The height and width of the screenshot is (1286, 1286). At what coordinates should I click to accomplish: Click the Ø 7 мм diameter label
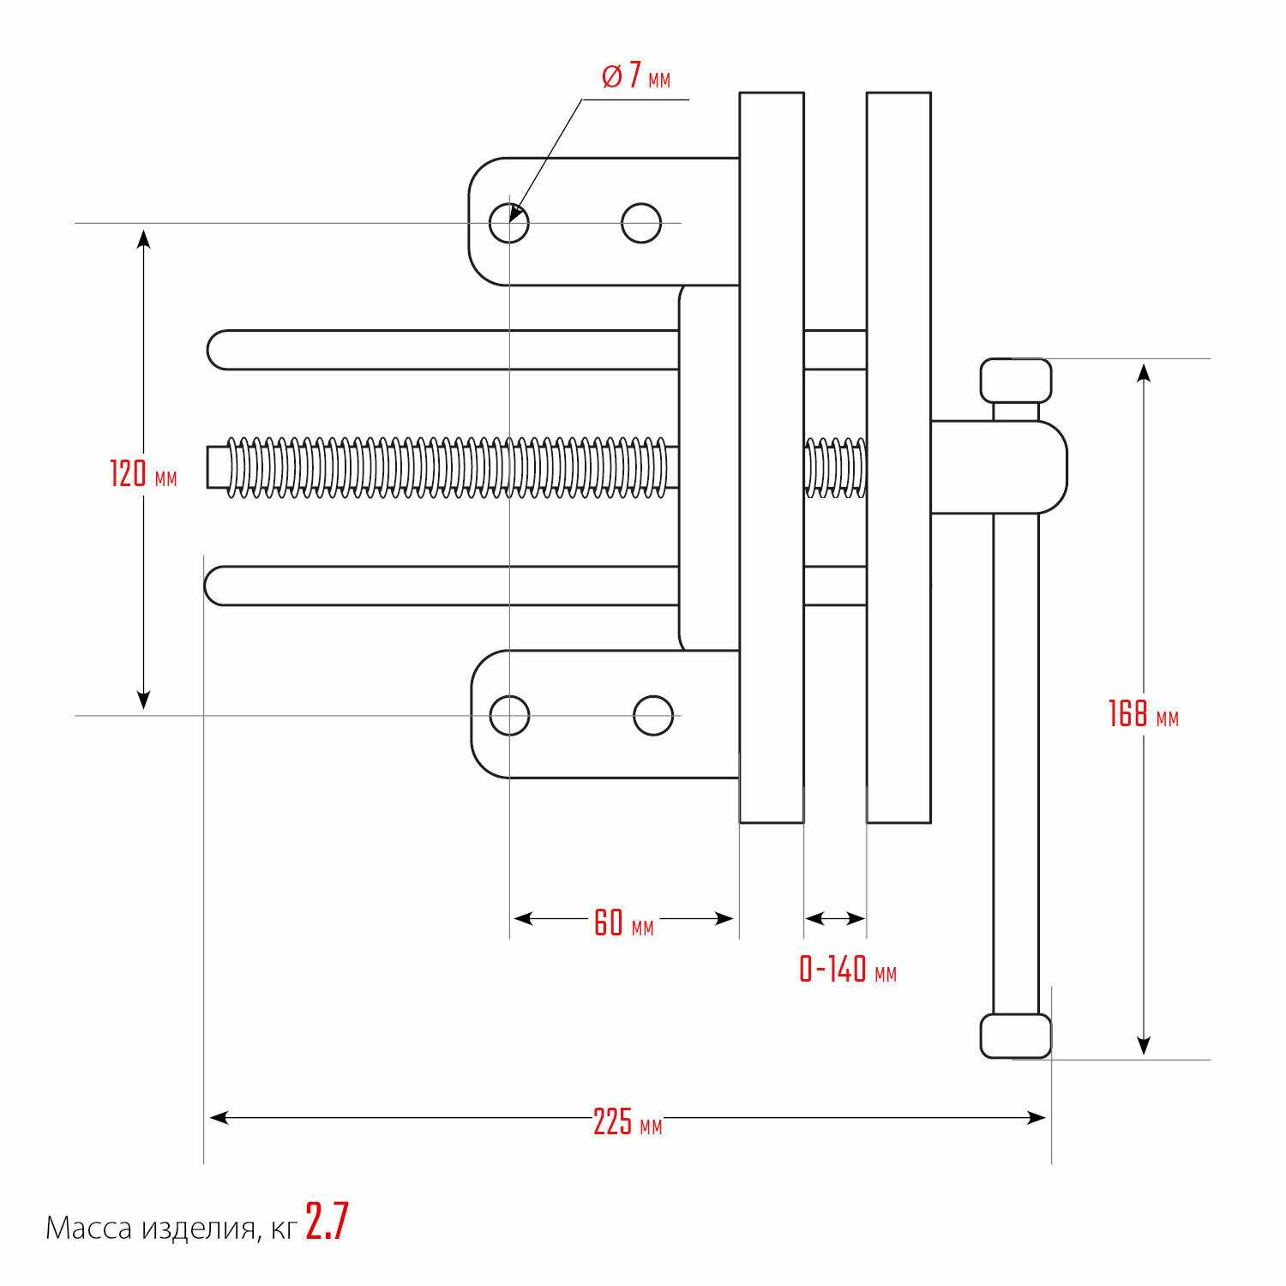636,76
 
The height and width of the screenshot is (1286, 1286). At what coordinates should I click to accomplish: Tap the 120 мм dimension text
143,473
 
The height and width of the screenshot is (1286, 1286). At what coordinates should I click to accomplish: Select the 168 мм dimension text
1143,713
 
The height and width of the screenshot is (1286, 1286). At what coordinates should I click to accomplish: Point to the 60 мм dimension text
623,922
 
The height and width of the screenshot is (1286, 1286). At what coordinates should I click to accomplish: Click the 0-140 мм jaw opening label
848,970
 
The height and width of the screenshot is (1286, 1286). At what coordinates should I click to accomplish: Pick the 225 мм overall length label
628,1121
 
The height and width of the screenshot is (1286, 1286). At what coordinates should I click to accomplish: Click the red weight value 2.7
328,1221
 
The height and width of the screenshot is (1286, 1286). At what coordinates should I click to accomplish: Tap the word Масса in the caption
89,1229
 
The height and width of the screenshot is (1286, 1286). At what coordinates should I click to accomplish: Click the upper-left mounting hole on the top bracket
509,223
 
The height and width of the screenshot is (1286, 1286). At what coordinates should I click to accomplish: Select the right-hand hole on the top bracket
641,223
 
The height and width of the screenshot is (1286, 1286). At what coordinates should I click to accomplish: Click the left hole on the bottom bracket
509,715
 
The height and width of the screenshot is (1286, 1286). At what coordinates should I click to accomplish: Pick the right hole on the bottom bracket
653,715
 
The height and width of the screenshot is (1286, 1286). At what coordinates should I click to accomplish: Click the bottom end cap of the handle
1016,1036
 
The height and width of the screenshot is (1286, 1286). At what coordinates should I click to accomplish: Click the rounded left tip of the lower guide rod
216,586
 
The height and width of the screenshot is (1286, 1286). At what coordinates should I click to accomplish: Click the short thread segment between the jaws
835,467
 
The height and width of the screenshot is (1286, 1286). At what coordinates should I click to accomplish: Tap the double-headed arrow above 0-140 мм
835,918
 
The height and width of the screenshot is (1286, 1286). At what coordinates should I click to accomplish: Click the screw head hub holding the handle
999,467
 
